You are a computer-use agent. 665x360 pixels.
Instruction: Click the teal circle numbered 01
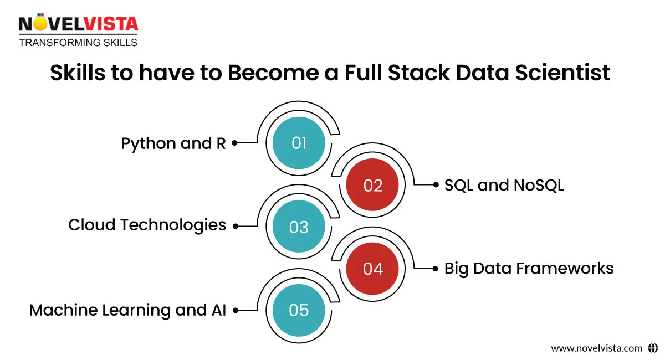pyautogui.click(x=299, y=143)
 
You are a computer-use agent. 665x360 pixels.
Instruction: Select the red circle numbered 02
pyautogui.click(x=373, y=185)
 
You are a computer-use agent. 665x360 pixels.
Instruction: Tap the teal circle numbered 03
pyautogui.click(x=299, y=227)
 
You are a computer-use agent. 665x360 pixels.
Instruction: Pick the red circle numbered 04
pyautogui.click(x=373, y=269)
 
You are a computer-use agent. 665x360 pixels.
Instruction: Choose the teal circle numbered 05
pyautogui.click(x=299, y=310)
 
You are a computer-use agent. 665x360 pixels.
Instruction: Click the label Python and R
pyautogui.click(x=173, y=143)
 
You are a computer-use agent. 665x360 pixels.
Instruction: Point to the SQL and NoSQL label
pyautogui.click(x=504, y=185)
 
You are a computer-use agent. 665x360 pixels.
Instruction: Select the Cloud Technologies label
pyautogui.click(x=147, y=225)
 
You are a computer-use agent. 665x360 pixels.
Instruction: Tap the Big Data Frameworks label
pyautogui.click(x=529, y=268)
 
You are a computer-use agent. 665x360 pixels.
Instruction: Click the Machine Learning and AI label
pyautogui.click(x=127, y=310)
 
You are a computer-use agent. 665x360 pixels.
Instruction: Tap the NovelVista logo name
pyautogui.click(x=78, y=24)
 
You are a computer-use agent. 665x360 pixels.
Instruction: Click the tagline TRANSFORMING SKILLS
pyautogui.click(x=78, y=42)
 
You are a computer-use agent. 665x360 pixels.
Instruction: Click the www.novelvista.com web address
pyautogui.click(x=596, y=348)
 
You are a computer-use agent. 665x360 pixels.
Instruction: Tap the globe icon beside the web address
pyautogui.click(x=652, y=348)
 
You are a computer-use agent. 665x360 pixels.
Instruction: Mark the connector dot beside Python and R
pyautogui.click(x=234, y=143)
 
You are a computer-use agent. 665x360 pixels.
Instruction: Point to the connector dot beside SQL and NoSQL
pyautogui.click(x=436, y=185)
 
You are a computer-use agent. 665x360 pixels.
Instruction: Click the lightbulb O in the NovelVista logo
pyautogui.click(x=39, y=23)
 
